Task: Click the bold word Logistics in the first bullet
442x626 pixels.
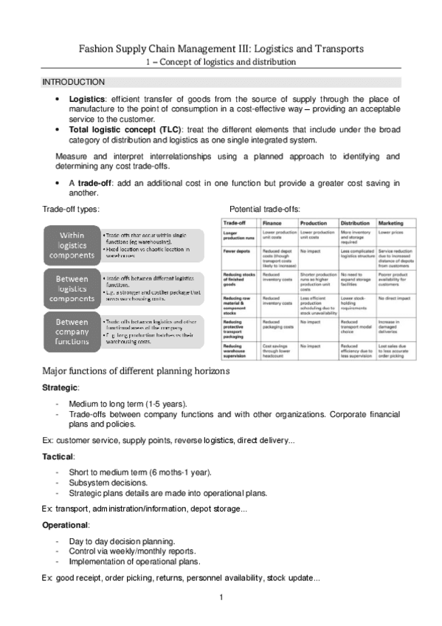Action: (86, 98)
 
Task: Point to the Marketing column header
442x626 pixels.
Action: (391, 223)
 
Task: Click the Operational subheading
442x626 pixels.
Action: (66, 525)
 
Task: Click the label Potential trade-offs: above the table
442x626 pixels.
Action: (265, 210)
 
